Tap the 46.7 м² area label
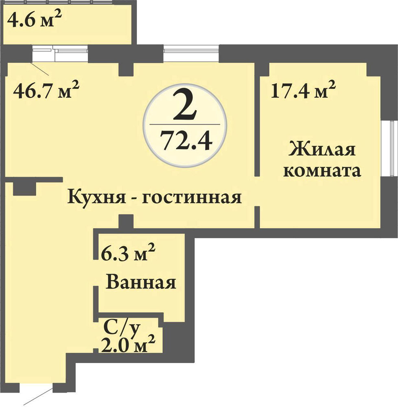(x=46, y=90)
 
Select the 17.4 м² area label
(x=303, y=90)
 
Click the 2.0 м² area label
(x=128, y=345)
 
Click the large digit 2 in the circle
(x=185, y=106)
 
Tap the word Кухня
(x=96, y=198)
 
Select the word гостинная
(x=191, y=198)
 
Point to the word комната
(x=322, y=171)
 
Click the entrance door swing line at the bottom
(x=38, y=396)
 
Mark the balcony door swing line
(x=39, y=68)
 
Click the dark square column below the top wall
(x=126, y=69)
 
